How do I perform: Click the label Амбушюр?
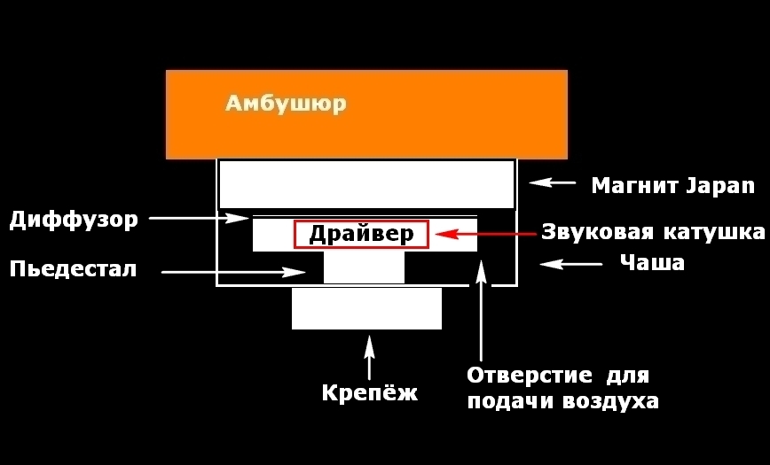coord(286,104)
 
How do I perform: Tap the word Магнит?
coord(635,185)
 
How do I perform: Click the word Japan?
coord(719,185)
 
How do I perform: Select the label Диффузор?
coord(74,219)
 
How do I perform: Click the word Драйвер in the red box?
coord(361,234)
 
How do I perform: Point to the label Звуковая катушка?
coord(653,233)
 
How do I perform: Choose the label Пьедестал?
coord(74,268)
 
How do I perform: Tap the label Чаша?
coord(652,263)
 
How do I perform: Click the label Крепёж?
coord(369,392)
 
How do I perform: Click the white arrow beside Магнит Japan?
coord(552,183)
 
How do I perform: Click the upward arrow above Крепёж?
coord(369,356)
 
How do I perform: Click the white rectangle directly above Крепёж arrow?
coord(366,308)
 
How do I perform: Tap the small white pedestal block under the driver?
coord(364,267)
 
